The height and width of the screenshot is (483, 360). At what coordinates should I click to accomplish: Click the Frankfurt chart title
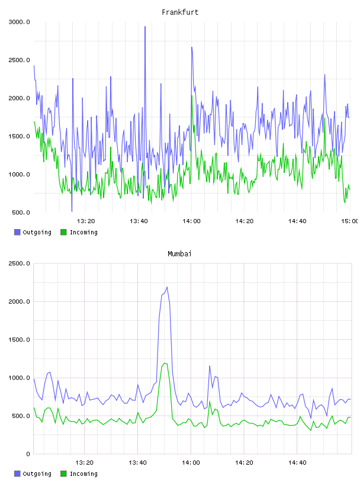180,12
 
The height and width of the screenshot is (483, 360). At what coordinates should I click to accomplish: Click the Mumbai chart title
179,254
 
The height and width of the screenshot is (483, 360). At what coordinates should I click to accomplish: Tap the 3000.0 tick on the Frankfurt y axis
19,22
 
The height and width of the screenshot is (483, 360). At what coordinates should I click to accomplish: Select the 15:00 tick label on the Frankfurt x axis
350,221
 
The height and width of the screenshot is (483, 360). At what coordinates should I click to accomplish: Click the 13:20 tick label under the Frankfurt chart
86,221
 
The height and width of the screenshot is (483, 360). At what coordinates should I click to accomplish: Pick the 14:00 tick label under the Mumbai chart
191,463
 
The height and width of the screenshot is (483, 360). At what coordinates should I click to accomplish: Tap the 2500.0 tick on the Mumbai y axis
19,263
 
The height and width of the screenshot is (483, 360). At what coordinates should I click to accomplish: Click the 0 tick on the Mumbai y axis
28,454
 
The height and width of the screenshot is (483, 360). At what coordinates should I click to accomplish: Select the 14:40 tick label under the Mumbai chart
297,463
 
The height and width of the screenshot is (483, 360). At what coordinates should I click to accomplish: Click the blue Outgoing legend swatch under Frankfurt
17,232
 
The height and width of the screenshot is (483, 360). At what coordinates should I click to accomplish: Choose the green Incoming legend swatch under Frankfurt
63,232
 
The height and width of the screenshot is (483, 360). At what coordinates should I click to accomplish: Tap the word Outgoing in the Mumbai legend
37,474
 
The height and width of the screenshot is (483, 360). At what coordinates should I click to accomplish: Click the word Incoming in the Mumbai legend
83,474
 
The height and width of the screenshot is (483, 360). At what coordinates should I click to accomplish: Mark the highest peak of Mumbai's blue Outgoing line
167,287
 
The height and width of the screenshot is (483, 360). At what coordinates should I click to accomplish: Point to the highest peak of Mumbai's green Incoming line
165,363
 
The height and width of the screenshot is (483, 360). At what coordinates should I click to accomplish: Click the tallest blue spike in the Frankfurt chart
145,27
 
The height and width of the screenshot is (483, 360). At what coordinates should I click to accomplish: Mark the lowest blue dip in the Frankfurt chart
72,211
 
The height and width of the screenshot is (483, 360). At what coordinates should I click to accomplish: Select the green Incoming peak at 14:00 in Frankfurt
192,96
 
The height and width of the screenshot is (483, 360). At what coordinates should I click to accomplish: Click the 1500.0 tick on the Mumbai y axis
19,340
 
